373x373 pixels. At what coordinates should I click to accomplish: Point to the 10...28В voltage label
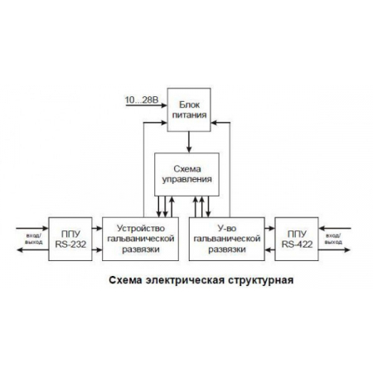pyautogui.click(x=138, y=99)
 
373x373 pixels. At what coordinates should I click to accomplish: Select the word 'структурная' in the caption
pyautogui.click(x=260, y=279)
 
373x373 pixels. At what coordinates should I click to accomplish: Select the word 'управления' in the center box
pyautogui.click(x=186, y=178)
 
